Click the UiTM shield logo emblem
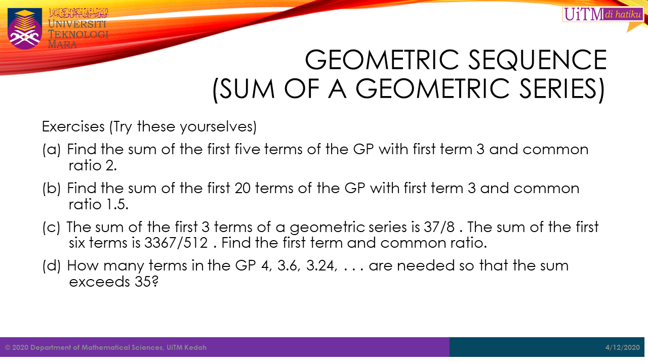pyautogui.click(x=25, y=28)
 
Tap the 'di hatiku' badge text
pyautogui.click(x=623, y=14)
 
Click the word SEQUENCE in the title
pyautogui.click(x=537, y=60)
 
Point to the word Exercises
pyautogui.click(x=73, y=126)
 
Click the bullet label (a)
pyautogui.click(x=52, y=150)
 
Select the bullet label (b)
pyautogui.click(x=52, y=189)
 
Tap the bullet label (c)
pyautogui.click(x=52, y=227)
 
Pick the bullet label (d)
pyautogui.click(x=52, y=266)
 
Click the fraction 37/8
pyautogui.click(x=439, y=227)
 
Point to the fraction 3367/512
pyautogui.click(x=176, y=243)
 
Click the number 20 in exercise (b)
pyautogui.click(x=242, y=189)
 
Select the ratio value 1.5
pyautogui.click(x=117, y=205)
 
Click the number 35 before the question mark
pyautogui.click(x=143, y=282)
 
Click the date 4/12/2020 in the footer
pyautogui.click(x=623, y=347)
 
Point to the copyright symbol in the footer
pyautogui.click(x=8, y=347)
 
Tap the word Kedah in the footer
pyautogui.click(x=195, y=347)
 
